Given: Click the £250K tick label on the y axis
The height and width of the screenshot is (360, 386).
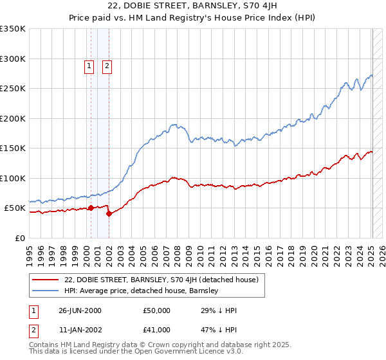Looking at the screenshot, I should click(x=13, y=89).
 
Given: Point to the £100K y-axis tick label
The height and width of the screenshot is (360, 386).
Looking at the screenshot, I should click(x=13, y=178).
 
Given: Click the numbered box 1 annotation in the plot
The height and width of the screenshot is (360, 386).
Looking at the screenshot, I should click(x=89, y=65).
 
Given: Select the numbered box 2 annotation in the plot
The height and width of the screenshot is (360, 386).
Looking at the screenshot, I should click(x=107, y=65).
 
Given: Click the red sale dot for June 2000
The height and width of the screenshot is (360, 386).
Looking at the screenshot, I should click(x=91, y=208).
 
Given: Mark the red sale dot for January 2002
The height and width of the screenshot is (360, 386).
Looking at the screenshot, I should click(x=109, y=213).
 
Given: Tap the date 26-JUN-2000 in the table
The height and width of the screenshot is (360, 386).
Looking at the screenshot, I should click(x=80, y=310).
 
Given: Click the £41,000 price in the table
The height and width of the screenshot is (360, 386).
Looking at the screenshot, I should click(x=156, y=329).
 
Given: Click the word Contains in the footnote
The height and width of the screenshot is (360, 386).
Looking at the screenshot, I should click(x=44, y=346).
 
